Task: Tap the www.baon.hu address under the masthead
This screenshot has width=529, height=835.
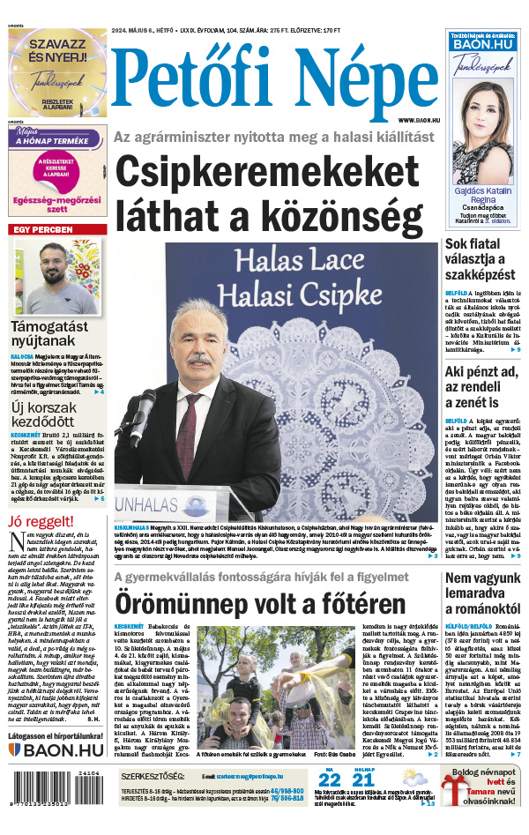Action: pyautogui.click(x=418, y=119)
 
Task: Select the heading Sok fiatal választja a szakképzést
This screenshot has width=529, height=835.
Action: pyautogui.click(x=481, y=259)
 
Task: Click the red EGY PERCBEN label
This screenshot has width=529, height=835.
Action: pyautogui.click(x=41, y=230)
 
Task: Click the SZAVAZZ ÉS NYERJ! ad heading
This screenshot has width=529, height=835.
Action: pyautogui.click(x=57, y=51)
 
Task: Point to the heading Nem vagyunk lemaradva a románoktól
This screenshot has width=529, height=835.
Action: pyautogui.click(x=483, y=593)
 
